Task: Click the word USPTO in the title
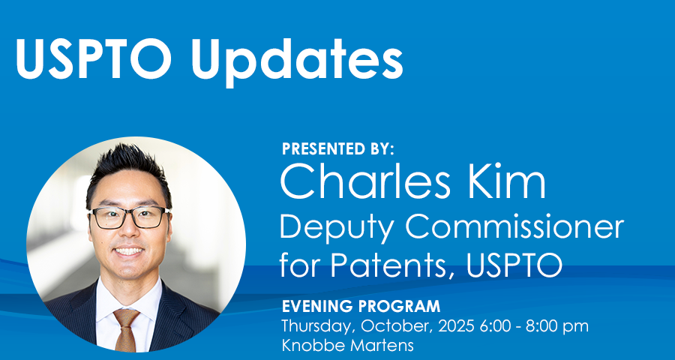click(x=94, y=58)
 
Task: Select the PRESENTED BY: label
click(x=338, y=149)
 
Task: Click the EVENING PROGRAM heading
click(x=361, y=306)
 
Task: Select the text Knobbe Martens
click(x=347, y=345)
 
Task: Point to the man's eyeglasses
click(x=128, y=217)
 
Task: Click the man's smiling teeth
click(x=129, y=250)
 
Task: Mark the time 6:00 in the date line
click(x=497, y=325)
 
